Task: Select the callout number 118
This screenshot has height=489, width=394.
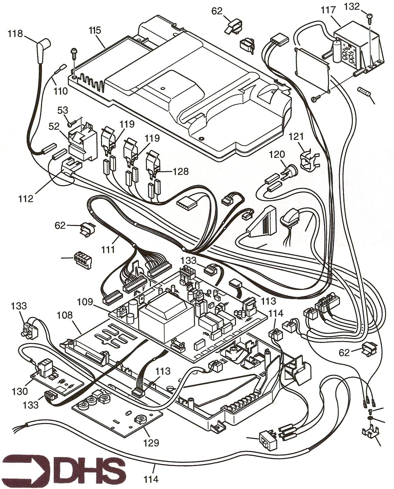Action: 16,34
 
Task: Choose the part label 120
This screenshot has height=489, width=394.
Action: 277,155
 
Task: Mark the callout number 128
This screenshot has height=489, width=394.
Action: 181,171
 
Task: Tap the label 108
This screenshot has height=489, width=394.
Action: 65,315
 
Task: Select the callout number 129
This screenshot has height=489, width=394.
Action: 151,442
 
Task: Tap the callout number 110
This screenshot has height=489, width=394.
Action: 60,91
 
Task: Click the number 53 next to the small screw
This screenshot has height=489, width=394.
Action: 63,110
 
